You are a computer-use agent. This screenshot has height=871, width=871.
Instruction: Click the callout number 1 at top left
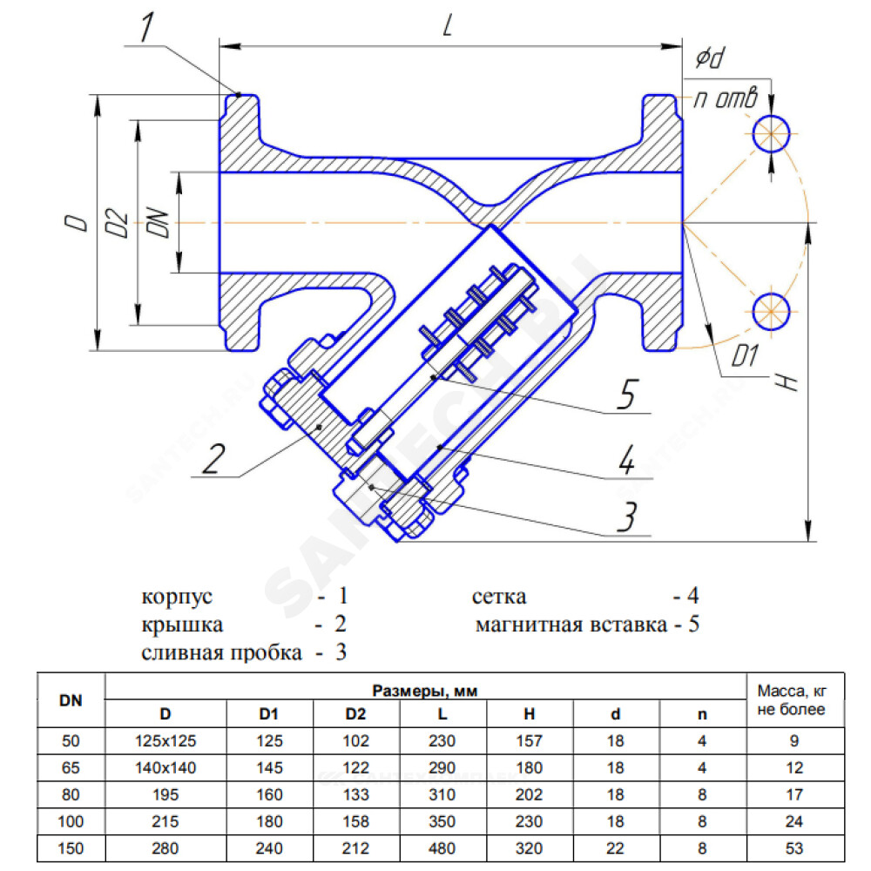[146, 27]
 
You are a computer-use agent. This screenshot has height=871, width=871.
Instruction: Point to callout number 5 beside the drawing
[627, 394]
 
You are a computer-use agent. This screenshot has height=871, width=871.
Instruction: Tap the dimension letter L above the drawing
[448, 25]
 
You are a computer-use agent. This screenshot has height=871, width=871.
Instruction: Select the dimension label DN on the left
[159, 223]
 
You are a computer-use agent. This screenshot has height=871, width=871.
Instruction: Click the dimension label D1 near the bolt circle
[745, 355]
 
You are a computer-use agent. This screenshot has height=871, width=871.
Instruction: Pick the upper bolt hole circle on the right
[771, 134]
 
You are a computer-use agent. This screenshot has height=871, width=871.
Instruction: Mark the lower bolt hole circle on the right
[771, 311]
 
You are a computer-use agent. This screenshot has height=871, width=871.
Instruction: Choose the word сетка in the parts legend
[499, 597]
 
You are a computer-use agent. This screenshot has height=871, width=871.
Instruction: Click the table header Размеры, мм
[425, 691]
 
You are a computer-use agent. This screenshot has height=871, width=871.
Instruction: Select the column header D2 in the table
[355, 714]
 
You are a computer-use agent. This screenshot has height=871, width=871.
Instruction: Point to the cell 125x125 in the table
[165, 741]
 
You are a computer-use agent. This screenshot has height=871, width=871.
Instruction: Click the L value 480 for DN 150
[442, 848]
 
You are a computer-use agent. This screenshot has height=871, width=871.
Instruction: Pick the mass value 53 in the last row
[794, 848]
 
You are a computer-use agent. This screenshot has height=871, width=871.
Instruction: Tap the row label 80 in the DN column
[71, 795]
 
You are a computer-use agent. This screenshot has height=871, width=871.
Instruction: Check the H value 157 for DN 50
[529, 741]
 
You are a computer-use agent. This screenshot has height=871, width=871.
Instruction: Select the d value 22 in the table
[616, 848]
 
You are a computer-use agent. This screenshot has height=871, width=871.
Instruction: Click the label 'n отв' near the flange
[726, 98]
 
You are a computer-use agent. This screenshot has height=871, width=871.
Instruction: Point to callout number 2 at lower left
[213, 459]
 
